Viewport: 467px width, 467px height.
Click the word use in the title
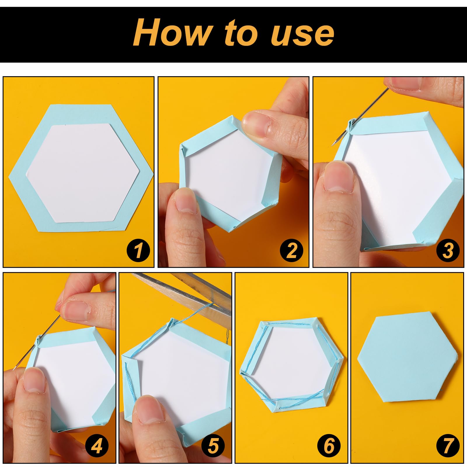point(302,35)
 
